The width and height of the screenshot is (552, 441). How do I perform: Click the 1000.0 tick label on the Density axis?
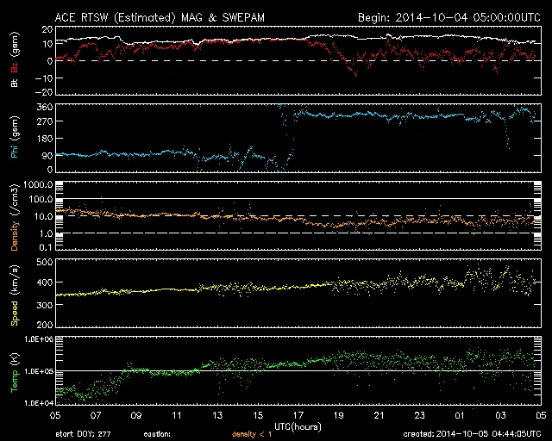point(39,185)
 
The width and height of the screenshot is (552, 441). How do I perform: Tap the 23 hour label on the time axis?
point(419,414)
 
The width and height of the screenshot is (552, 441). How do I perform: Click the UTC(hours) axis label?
point(298,425)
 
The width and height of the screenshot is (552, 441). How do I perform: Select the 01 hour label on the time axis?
point(460,414)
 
